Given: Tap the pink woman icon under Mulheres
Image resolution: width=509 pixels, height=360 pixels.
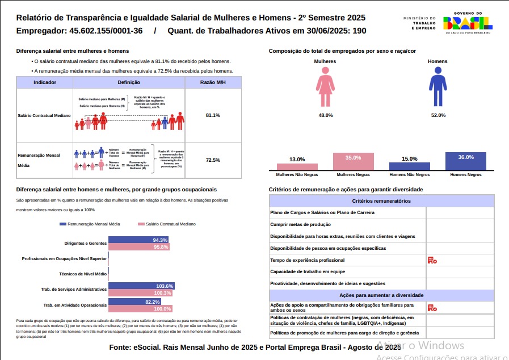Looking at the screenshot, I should [x=325, y=87].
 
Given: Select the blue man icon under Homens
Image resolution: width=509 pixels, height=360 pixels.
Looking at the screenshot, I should [x=438, y=87].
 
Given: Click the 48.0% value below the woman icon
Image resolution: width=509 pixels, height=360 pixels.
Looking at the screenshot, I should [x=326, y=115].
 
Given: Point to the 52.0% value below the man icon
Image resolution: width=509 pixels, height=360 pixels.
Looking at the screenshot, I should [x=438, y=115].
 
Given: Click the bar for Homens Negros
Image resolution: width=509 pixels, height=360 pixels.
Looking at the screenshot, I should [x=466, y=161].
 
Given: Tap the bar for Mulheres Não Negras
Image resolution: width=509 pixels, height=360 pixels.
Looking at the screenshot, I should [x=297, y=167].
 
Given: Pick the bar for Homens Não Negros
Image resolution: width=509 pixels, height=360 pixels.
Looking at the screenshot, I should [x=409, y=166].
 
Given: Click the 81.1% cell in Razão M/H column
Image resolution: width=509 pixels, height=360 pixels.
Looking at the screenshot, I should [x=213, y=115].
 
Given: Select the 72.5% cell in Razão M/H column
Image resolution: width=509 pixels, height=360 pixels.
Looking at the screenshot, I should [x=213, y=160].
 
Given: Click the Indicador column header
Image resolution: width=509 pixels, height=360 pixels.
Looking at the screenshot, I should [x=45, y=82].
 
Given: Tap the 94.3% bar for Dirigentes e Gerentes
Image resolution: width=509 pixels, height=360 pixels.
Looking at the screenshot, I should [x=138, y=240].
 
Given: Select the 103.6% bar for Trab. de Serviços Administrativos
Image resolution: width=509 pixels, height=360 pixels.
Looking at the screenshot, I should [x=141, y=286].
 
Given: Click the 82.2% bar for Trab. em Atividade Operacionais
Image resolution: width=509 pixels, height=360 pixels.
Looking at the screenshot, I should [x=134, y=302].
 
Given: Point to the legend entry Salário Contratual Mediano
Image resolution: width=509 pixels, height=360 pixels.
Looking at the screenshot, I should [x=167, y=224].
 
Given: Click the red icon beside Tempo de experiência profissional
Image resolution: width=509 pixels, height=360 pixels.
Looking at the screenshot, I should [x=432, y=260].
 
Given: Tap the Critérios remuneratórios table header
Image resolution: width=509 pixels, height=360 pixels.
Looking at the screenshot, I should [x=381, y=201].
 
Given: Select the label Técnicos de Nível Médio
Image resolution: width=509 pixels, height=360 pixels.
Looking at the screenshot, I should [x=83, y=274].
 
